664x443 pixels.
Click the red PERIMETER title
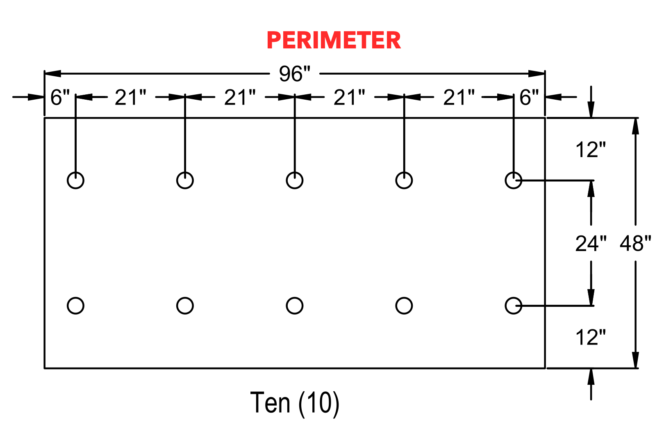(x=334, y=40)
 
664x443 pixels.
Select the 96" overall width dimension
(x=295, y=73)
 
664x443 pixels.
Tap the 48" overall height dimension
(x=635, y=243)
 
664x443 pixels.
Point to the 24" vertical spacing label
(x=591, y=243)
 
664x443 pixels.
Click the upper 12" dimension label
(x=591, y=150)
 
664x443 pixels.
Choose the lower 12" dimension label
(x=591, y=337)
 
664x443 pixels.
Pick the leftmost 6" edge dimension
(x=60, y=97)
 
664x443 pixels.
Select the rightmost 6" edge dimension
(x=529, y=97)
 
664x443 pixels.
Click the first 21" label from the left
(x=130, y=97)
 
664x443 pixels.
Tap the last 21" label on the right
(x=459, y=97)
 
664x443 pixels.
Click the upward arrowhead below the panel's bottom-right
(x=591, y=377)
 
